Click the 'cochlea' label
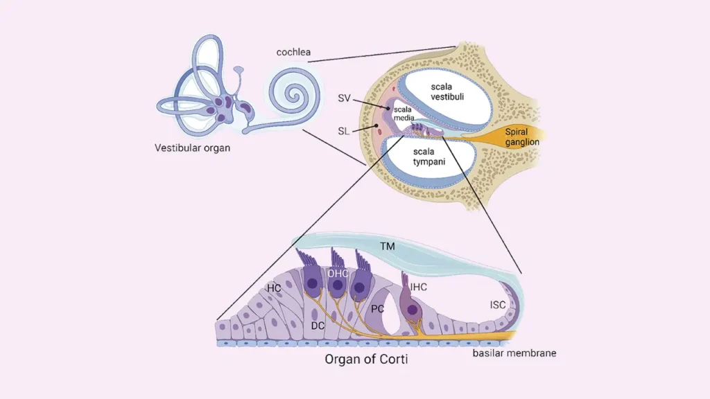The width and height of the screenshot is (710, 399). (x=293, y=52)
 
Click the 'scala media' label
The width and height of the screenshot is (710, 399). (x=404, y=114)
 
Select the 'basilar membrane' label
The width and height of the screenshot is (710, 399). (x=514, y=353)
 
